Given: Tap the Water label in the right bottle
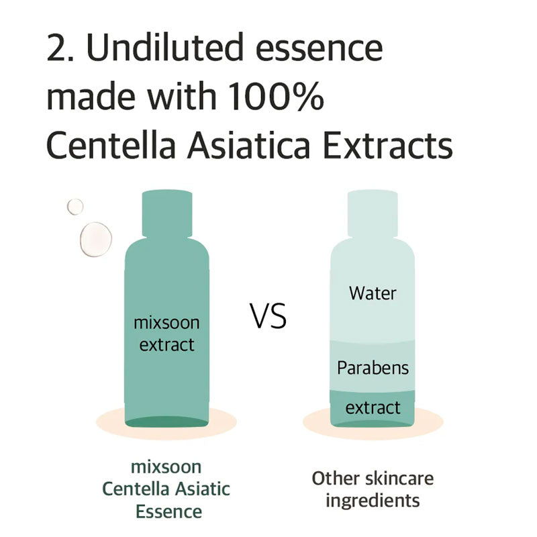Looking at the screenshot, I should [373, 293].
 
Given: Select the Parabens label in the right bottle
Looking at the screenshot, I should [373, 368].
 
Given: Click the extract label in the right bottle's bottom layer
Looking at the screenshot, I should [373, 407].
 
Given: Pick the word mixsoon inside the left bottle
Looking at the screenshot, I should [166, 322].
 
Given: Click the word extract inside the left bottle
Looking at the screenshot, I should [166, 345].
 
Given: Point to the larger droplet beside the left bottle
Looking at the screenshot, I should [95, 239].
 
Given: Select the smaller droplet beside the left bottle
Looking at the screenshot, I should [75, 207].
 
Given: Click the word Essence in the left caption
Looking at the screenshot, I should [168, 511].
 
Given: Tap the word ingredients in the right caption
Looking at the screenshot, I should [373, 500].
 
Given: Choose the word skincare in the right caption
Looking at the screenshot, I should [399, 478].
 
